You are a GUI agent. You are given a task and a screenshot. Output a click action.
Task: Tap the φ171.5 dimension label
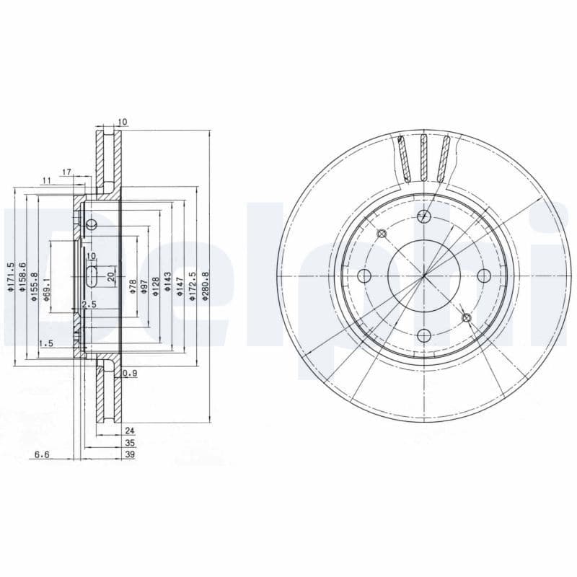click(11, 277)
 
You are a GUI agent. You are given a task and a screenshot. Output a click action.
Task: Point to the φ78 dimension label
click(133, 286)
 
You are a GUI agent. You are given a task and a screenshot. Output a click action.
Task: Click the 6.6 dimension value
click(42, 455)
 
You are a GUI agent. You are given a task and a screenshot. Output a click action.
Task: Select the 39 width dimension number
click(130, 455)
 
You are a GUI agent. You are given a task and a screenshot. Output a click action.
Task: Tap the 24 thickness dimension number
click(130, 431)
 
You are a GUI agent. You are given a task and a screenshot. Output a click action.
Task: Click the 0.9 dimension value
click(130, 373)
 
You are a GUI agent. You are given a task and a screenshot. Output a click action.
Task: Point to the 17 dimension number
click(66, 172)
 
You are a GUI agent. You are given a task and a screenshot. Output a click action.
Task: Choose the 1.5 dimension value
click(46, 343)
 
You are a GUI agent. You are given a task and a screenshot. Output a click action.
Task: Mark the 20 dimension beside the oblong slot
click(110, 276)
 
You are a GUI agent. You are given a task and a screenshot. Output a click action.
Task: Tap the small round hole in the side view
click(91, 226)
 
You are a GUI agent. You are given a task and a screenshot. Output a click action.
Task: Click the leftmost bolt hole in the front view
click(364, 276)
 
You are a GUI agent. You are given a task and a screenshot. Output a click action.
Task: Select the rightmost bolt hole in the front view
click(485, 276)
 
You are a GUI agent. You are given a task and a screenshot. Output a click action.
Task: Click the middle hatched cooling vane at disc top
click(425, 157)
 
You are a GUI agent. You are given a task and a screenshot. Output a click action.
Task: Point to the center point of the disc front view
click(424, 276)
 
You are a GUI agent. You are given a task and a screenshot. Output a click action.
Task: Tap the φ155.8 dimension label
click(35, 286)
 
